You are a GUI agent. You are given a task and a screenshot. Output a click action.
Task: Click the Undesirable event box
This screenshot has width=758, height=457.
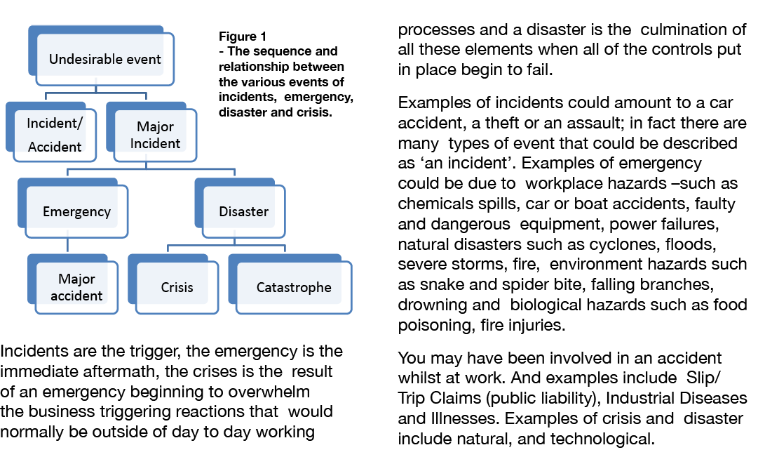click(x=105, y=59)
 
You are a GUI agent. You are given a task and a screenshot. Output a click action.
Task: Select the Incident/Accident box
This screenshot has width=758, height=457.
click(x=55, y=135)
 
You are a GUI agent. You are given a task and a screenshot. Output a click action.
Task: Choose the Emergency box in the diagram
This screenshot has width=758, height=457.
click(x=76, y=211)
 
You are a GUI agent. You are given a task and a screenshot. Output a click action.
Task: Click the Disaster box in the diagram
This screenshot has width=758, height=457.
click(x=243, y=211)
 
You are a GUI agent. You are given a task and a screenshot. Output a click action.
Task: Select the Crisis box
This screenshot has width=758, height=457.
click(x=177, y=287)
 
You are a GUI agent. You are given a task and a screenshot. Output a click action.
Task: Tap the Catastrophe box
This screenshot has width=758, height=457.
click(x=293, y=287)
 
